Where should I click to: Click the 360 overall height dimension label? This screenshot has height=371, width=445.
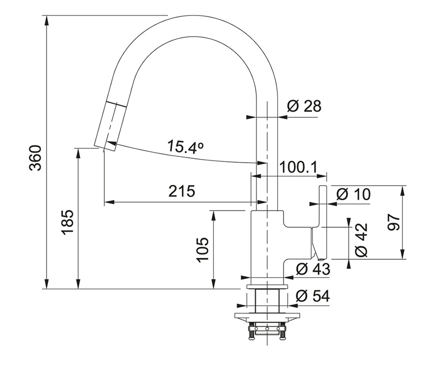35,158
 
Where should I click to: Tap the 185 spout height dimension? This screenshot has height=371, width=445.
67,223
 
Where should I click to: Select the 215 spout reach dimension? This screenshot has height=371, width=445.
182,191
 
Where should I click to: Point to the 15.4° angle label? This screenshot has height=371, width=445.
185,147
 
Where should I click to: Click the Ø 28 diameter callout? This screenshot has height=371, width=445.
304,106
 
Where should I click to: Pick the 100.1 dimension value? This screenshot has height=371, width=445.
299,167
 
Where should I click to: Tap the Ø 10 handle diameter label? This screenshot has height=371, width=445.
353,194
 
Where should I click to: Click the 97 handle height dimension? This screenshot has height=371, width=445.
393,222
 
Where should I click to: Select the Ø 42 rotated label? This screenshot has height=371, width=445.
361,240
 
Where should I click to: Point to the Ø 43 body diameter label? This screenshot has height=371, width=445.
313,269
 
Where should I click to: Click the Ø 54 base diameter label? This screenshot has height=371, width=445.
313,296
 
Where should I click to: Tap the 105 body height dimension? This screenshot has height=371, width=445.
202,250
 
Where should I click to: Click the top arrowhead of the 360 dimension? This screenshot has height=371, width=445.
47,20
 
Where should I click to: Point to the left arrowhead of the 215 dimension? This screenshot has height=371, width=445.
109,202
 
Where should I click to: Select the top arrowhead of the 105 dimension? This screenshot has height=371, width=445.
214,216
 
